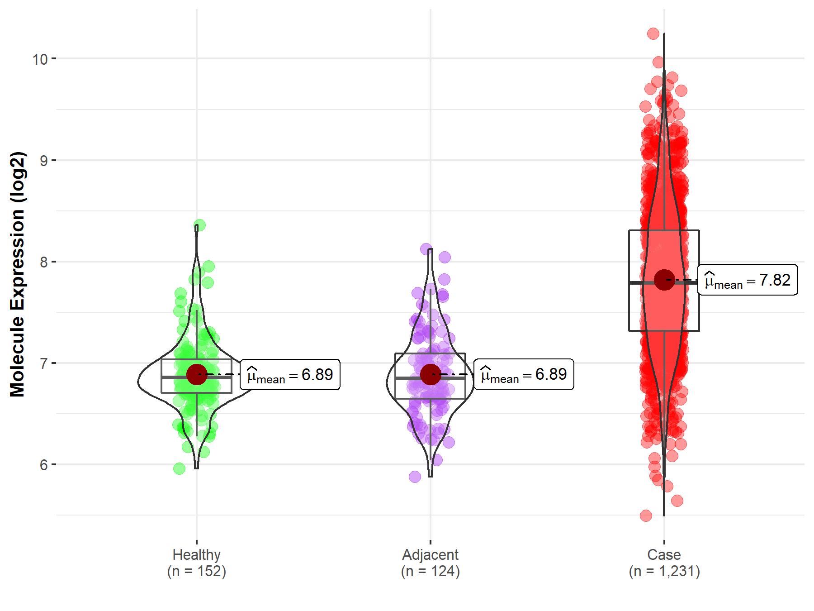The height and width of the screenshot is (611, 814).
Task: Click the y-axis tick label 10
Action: click(x=40, y=59)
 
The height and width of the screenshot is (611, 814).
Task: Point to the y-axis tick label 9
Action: click(x=43, y=161)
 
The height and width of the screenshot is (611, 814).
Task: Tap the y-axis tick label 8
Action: click(x=43, y=262)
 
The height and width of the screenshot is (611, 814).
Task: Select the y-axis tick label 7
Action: click(x=43, y=363)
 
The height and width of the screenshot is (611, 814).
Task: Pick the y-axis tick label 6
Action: click(x=43, y=465)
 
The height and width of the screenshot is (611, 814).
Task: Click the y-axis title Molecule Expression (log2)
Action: click(x=17, y=274)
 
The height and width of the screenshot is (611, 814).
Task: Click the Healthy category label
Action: click(x=196, y=554)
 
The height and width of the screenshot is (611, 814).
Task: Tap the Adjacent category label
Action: click(x=430, y=554)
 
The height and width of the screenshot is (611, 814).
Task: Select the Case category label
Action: click(x=664, y=554)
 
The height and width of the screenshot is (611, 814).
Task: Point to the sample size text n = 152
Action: click(x=196, y=571)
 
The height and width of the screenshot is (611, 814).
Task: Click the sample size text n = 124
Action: click(x=430, y=571)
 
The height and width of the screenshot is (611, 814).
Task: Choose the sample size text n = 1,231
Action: click(x=664, y=571)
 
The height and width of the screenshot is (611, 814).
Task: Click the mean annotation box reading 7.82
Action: click(x=748, y=280)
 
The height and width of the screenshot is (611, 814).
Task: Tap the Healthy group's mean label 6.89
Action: click(x=290, y=375)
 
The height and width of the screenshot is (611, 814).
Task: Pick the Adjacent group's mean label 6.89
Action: click(x=524, y=374)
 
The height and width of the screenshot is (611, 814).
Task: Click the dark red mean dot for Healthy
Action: click(x=197, y=374)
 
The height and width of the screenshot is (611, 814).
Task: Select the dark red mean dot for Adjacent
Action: click(x=431, y=374)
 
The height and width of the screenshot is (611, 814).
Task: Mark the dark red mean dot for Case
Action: click(x=664, y=280)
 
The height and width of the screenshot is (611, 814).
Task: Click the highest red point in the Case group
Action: click(x=653, y=33)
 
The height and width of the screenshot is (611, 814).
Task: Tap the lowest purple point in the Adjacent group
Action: click(x=415, y=477)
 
